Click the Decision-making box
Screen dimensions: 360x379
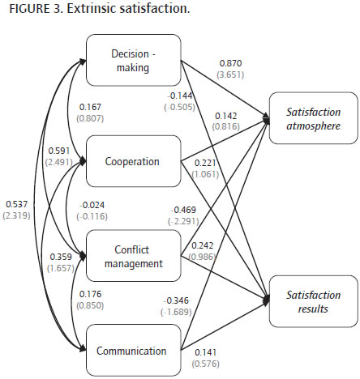click(134, 60)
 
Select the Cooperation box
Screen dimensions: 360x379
click(134, 161)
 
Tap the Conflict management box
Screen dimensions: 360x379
click(134, 256)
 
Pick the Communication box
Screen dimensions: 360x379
click(134, 350)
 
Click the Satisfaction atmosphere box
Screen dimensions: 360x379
click(314, 118)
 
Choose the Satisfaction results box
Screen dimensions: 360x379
click(314, 301)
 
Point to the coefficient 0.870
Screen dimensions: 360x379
click(230, 63)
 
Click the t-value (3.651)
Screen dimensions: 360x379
click(230, 75)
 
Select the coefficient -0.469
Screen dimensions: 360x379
click(183, 210)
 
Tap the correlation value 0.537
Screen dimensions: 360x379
click(17, 204)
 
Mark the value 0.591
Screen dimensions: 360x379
click(59, 151)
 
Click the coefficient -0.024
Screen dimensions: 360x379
click(92, 205)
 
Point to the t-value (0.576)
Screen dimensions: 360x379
click(206, 364)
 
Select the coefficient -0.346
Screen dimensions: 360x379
click(176, 300)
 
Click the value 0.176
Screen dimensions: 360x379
click(90, 294)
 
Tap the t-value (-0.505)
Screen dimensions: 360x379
click(179, 107)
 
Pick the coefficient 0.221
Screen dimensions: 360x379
click(205, 163)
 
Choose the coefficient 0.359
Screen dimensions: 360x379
click(61, 257)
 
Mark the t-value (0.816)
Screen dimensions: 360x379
click(226, 126)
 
